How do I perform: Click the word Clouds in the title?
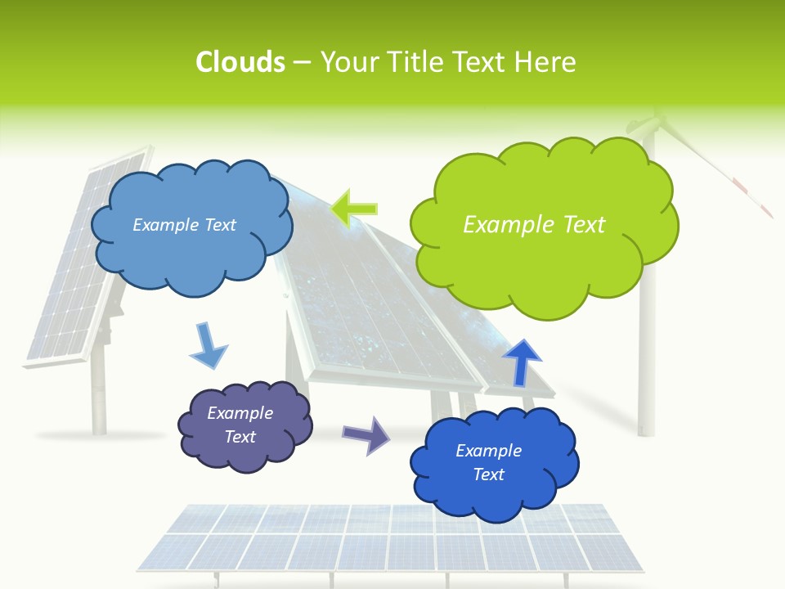pyautogui.click(x=240, y=62)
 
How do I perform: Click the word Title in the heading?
pyautogui.click(x=415, y=62)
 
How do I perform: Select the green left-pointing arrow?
pyautogui.click(x=354, y=209)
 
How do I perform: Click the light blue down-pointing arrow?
pyautogui.click(x=208, y=346)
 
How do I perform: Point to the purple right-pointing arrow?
pyautogui.click(x=366, y=434)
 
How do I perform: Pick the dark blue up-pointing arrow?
pyautogui.click(x=523, y=361)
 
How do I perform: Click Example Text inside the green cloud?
pyautogui.click(x=534, y=224)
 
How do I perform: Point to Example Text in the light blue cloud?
pyautogui.click(x=184, y=224)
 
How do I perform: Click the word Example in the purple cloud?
pyautogui.click(x=240, y=413)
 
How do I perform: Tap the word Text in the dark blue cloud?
pyautogui.click(x=488, y=474)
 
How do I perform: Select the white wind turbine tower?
pyautogui.click(x=647, y=344)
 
